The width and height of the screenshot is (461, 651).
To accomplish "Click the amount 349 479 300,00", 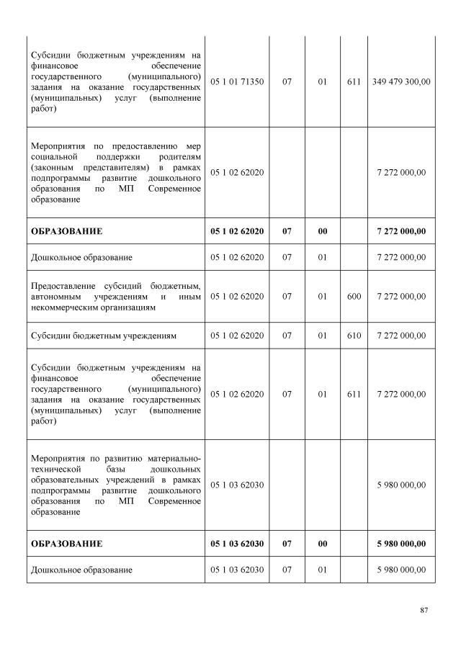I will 401,82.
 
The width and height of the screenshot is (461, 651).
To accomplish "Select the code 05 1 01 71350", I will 237,82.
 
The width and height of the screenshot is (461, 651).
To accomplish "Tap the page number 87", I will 424,611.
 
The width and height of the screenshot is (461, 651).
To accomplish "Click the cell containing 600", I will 354,296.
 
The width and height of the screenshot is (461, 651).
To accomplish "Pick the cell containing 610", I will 354,336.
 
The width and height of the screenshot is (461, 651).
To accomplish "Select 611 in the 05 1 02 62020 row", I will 354,394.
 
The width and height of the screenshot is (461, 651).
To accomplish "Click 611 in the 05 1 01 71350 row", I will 354,82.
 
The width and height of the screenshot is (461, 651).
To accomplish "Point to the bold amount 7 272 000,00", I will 401,231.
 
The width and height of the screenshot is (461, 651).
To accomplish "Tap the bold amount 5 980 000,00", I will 401,543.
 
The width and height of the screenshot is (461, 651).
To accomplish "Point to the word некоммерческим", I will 66,307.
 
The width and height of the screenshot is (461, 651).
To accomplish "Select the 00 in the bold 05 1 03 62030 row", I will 322,543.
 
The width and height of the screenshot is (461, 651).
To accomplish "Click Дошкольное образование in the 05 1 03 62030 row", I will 81,570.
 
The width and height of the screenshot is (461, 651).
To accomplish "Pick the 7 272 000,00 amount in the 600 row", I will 401,296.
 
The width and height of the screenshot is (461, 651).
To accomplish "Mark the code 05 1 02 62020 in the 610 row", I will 237,336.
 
